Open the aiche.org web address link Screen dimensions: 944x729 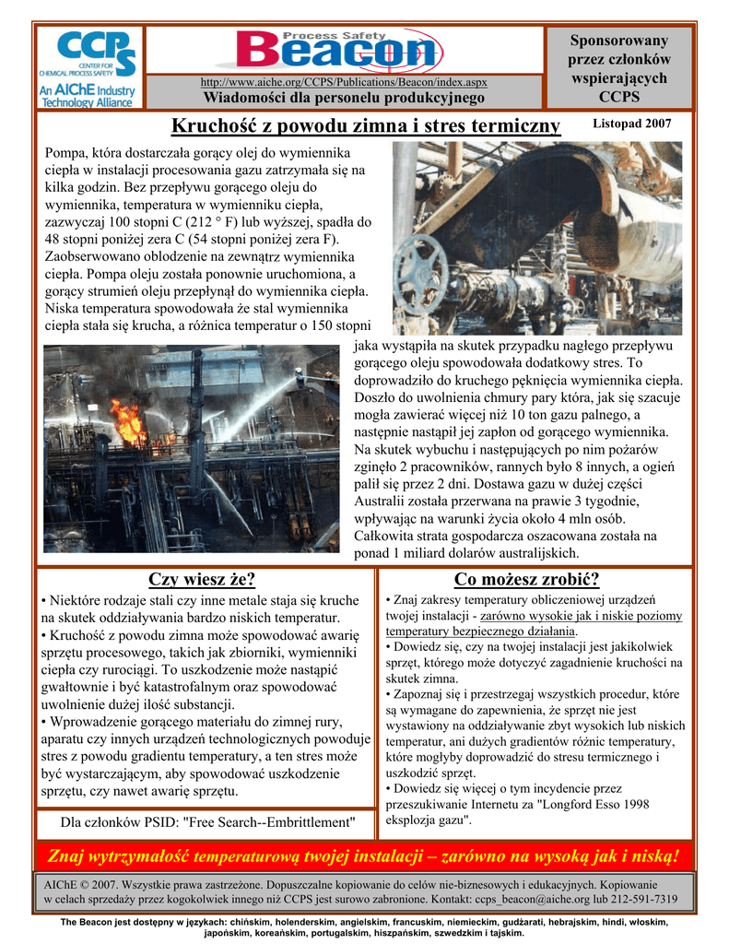click(x=344, y=83)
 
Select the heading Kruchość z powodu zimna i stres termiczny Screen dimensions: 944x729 click(x=366, y=125)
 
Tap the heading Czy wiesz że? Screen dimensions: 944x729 click(x=202, y=579)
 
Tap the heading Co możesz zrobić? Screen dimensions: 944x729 click(x=527, y=579)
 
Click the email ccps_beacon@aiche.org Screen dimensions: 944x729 click(x=533, y=899)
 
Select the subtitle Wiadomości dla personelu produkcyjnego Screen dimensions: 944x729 click(x=344, y=98)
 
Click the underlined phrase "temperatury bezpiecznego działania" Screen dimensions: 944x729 click(x=480, y=631)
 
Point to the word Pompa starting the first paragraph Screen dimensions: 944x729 click(x=66, y=152)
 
